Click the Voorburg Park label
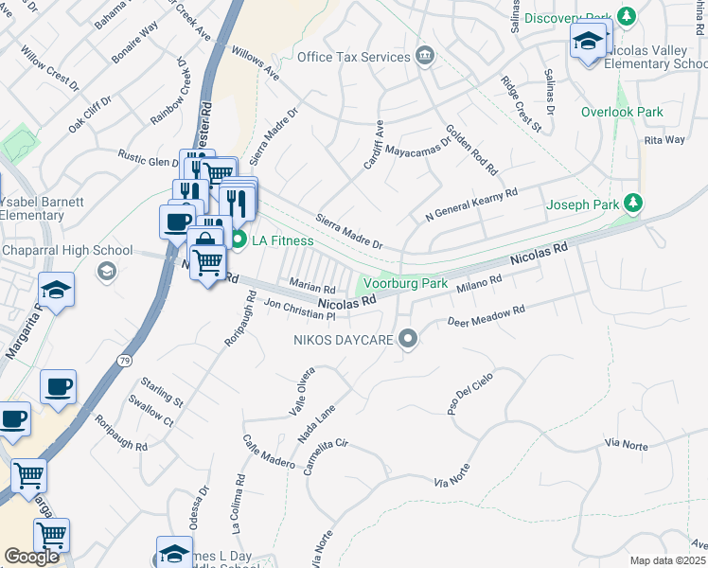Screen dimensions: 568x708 point(406,283)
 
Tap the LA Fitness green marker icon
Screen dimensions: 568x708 point(239,240)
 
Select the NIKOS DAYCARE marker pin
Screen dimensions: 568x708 point(408,338)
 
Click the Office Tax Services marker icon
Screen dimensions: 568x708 point(425,57)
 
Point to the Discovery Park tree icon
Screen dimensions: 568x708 point(626,18)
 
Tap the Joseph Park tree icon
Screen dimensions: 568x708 point(635,204)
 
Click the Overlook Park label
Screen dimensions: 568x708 point(622,112)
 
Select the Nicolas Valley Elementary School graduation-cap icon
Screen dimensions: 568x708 point(588,42)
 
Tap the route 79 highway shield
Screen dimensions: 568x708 point(124,360)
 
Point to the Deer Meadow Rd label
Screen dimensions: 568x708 point(486,317)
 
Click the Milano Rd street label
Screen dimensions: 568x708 point(478,282)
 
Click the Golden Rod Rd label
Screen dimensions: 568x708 point(471,151)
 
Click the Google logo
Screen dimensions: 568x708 point(32,557)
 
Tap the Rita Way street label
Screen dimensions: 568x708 point(664,140)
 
